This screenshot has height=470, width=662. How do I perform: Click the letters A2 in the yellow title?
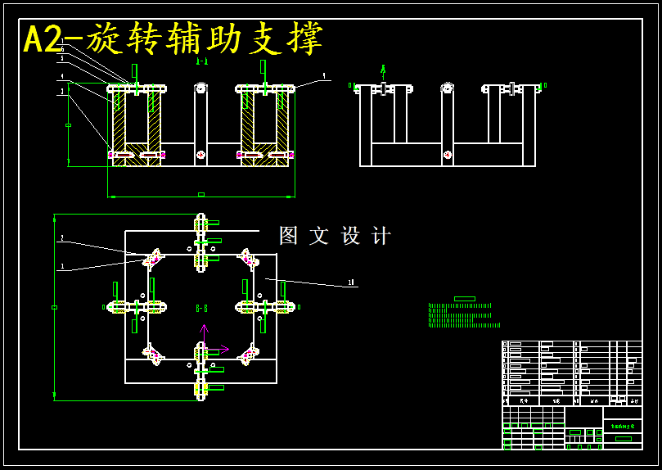pos(43,39)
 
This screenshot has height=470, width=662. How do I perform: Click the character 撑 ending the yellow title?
pos(307,38)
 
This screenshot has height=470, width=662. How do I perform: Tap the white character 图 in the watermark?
pos(289,236)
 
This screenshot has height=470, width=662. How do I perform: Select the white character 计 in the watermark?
pos(381,236)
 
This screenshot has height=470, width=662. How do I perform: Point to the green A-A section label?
pos(201,61)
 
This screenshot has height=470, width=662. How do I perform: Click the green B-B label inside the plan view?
pos(201,308)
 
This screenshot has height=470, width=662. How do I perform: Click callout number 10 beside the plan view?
pos(351,282)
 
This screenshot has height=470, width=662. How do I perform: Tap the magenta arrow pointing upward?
pos(205,329)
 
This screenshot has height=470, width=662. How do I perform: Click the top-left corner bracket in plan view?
pos(153,259)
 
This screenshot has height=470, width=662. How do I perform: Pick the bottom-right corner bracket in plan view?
pos(247,355)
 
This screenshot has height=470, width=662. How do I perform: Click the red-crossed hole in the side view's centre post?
pos(447,154)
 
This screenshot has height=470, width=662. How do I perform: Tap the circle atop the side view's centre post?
pos(447,88)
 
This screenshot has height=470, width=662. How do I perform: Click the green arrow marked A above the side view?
pos(383,70)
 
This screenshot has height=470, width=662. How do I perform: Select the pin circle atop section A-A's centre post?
pos(200,87)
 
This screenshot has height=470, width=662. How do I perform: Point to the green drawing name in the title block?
pos(623,427)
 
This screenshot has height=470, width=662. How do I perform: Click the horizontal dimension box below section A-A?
pos(201,194)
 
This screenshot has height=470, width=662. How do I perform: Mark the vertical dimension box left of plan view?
pos(54,307)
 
